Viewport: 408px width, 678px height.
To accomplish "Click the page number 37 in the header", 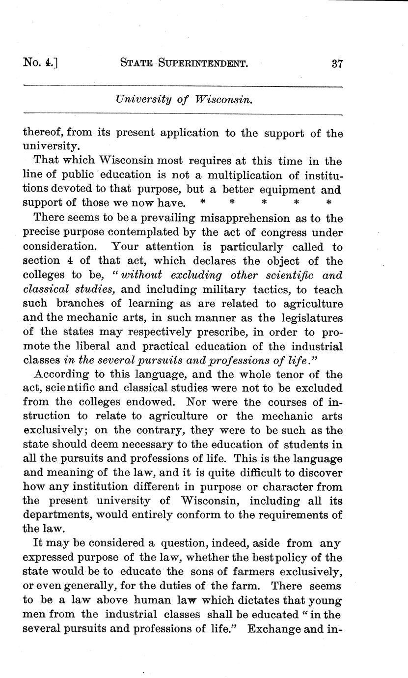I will pos(336,63).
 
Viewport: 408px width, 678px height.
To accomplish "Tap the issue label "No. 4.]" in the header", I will pos(41,63).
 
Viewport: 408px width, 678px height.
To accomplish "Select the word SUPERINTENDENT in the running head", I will pos(204,63).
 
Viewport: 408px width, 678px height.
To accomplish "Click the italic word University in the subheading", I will pos(142,99).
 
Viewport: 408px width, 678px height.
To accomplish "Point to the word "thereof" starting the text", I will pos(44,133).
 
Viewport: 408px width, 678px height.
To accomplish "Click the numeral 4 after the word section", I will pos(71,261).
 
